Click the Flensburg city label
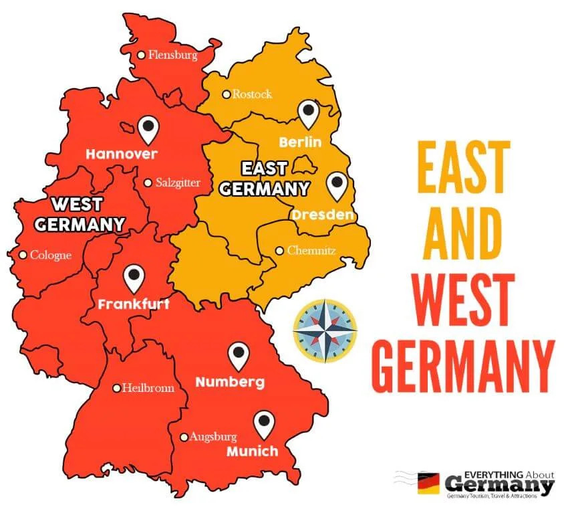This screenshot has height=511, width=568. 172,56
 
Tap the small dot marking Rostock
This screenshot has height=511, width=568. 227,94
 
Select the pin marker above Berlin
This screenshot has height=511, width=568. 308,114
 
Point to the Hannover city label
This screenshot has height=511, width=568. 122,154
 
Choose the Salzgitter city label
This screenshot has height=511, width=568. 177,182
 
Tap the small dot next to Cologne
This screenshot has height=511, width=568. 23,254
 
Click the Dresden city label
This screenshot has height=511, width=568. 322,215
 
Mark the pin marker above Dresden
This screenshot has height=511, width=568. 338,185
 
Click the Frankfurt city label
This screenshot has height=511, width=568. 134,304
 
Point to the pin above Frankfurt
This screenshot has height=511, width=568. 134,278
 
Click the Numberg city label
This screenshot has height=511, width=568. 229,383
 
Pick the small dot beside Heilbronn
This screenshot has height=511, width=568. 116,387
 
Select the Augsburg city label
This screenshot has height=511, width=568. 212,437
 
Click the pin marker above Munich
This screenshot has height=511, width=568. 265,423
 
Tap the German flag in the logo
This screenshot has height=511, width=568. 428,483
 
